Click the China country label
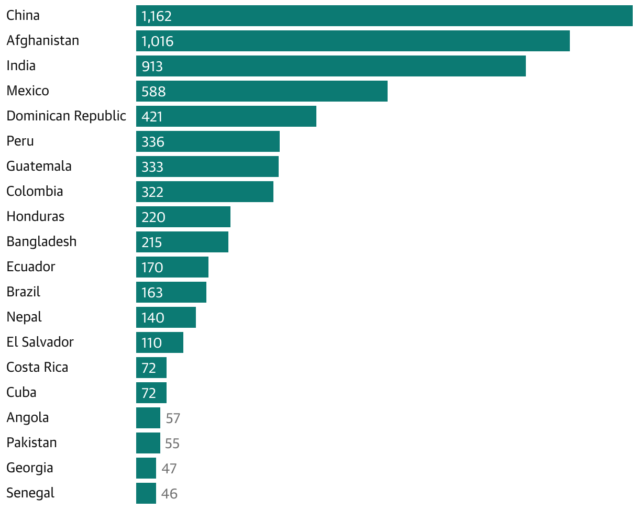(23, 16)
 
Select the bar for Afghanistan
(352, 41)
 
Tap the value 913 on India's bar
(152, 66)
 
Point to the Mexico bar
(261, 91)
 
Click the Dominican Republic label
(66, 116)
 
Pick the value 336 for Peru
(153, 142)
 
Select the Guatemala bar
(207, 167)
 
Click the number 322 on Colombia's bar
(152, 192)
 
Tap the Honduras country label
(35, 217)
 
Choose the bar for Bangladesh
(182, 242)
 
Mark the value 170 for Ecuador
(152, 268)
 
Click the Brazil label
(23, 292)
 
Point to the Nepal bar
(166, 317)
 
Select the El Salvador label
(40, 342)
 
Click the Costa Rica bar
(151, 368)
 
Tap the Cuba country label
(21, 393)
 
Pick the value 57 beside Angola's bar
(173, 418)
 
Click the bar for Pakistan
(148, 443)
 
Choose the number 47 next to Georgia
(169, 469)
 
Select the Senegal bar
(146, 493)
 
